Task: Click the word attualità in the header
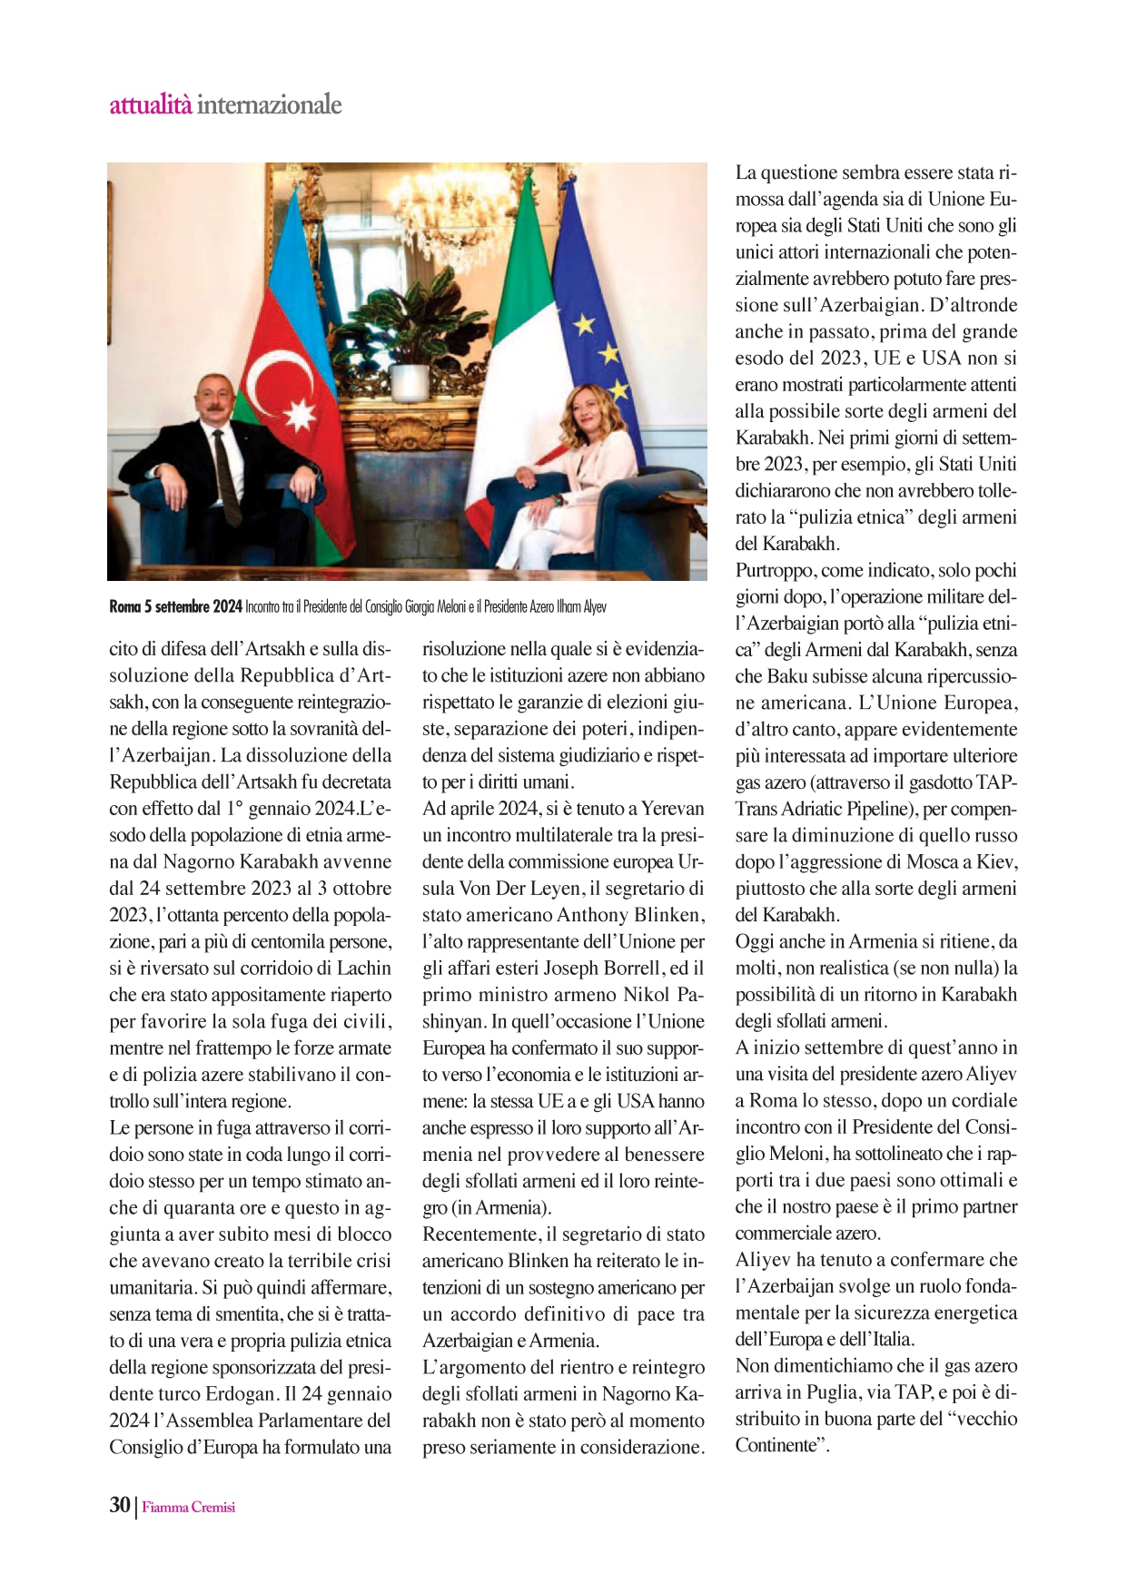point(150,105)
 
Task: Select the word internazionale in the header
point(269,105)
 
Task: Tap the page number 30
point(120,1505)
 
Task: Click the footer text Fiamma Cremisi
point(188,1507)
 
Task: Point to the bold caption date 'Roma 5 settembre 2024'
point(175,606)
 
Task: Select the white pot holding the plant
point(409,381)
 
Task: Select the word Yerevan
point(673,808)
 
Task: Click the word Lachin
point(362,968)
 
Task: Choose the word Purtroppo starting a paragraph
point(775,570)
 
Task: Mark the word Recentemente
point(480,1234)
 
